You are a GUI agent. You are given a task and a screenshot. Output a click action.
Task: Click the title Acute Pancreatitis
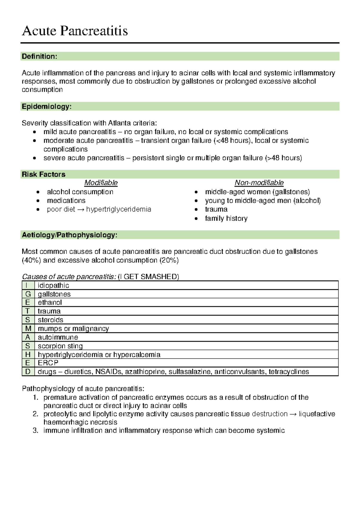[75, 31]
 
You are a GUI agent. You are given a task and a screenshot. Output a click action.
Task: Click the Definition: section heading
[39, 56]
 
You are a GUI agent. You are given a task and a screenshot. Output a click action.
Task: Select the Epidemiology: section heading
[46, 106]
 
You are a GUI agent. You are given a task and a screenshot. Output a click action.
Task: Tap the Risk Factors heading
[43, 174]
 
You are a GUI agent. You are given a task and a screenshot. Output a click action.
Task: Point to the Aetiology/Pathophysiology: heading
[69, 235]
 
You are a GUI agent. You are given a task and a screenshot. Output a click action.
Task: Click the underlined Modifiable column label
[101, 183]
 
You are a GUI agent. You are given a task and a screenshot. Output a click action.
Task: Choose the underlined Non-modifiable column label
[259, 183]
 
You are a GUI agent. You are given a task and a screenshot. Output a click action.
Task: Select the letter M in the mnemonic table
[28, 329]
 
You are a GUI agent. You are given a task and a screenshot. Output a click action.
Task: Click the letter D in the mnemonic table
[28, 372]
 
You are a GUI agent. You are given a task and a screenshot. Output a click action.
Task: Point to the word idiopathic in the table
[53, 285]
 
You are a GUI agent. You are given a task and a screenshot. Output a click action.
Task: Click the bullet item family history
[226, 218]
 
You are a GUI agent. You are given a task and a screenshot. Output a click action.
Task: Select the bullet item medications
[66, 201]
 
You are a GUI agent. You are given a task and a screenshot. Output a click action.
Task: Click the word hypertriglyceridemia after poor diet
[118, 209]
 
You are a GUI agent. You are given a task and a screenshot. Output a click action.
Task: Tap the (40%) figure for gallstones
[31, 260]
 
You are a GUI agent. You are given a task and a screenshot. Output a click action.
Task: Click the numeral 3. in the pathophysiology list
[36, 430]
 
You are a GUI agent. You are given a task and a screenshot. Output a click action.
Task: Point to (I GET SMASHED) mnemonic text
[148, 277]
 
